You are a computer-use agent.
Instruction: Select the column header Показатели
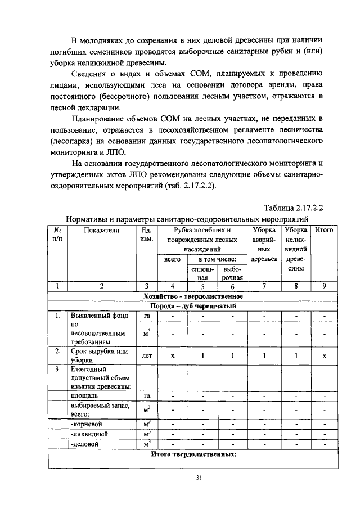[x=102, y=230]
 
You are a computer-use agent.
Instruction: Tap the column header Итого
[x=324, y=230]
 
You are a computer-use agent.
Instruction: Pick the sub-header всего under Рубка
[x=172, y=259]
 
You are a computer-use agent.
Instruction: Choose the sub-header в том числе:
[x=217, y=259]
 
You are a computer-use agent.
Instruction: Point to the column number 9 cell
[x=324, y=286]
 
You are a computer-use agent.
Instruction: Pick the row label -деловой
[x=87, y=444]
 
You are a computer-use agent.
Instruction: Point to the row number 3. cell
[x=57, y=370]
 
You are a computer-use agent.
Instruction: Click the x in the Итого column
[x=325, y=356]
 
